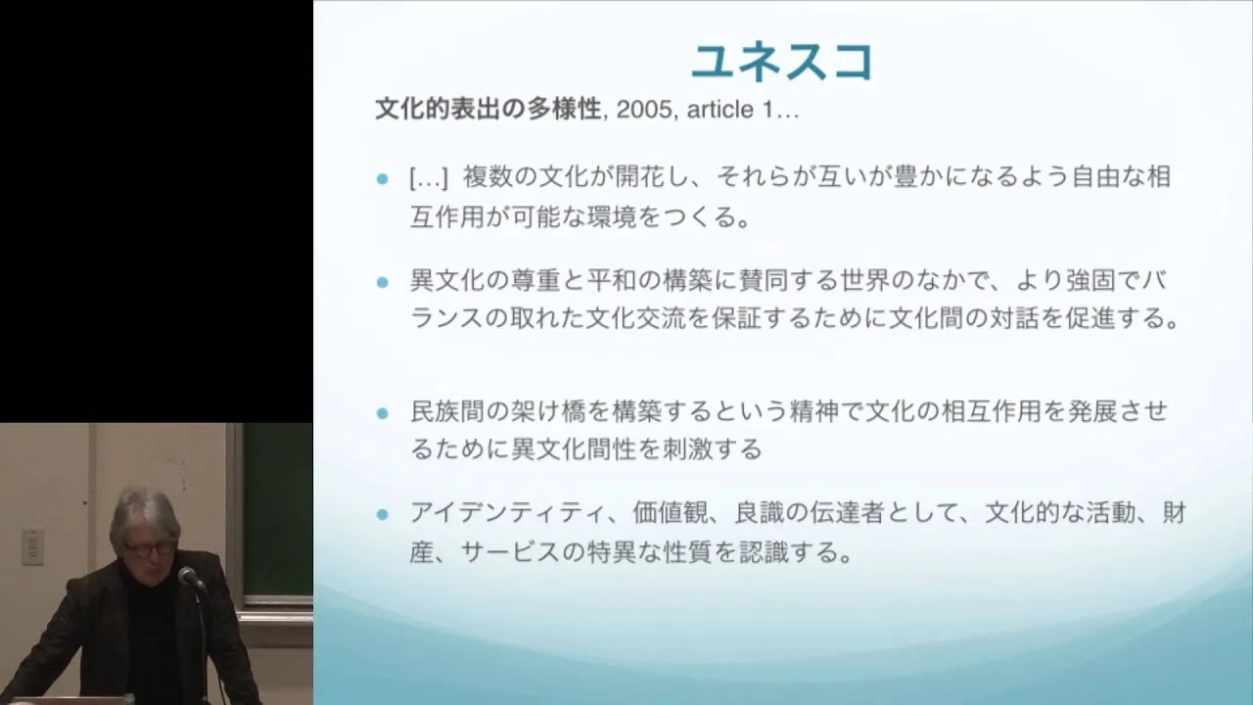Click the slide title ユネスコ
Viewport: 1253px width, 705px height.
(782, 62)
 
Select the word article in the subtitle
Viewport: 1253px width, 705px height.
(719, 109)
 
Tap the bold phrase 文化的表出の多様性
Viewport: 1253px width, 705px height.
(487, 109)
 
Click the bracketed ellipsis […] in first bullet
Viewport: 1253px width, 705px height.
(429, 177)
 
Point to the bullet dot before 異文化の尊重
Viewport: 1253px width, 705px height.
(383, 282)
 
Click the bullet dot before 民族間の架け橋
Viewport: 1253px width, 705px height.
(383, 413)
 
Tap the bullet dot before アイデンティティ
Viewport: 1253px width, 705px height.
(383, 514)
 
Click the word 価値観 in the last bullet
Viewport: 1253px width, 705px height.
(670, 512)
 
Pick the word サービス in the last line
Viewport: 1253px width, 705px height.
(510, 552)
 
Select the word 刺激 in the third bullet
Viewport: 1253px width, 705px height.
(688, 449)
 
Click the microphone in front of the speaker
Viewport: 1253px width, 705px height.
(189, 577)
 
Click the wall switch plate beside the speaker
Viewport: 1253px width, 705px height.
(32, 546)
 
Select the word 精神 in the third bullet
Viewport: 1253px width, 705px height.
(813, 412)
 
